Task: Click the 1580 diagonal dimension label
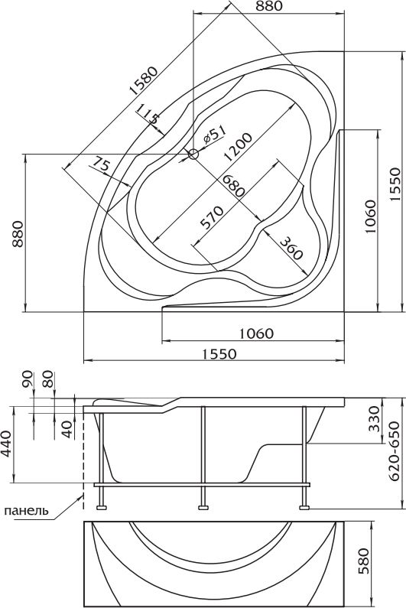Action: point(144,81)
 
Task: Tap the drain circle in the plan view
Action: point(193,154)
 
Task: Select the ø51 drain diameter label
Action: point(213,134)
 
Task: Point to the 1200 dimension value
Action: point(238,147)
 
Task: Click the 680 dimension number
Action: point(232,186)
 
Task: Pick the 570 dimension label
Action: point(211,217)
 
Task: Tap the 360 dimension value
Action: point(291,248)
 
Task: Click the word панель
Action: point(26,510)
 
